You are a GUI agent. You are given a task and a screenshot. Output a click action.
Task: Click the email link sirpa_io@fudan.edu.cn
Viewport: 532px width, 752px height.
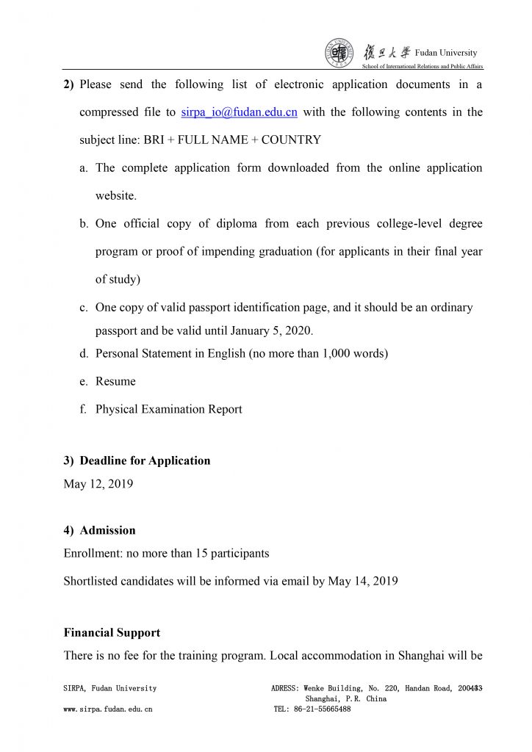[239, 112]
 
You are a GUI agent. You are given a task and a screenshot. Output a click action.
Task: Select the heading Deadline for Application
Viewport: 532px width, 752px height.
[145, 460]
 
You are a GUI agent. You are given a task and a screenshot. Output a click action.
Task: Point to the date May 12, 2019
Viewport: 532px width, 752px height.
[98, 484]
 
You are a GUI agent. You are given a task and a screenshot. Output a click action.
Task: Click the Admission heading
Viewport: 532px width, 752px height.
[107, 529]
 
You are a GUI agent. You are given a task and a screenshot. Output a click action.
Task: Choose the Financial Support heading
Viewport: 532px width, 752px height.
[112, 632]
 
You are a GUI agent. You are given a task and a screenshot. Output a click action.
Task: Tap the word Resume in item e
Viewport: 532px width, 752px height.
[115, 381]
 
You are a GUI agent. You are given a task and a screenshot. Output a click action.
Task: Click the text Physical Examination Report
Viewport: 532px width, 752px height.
[168, 409]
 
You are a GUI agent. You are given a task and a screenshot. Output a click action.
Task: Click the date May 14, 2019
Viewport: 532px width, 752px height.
[363, 581]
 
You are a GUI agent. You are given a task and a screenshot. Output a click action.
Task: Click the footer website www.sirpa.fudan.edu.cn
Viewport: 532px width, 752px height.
[108, 709]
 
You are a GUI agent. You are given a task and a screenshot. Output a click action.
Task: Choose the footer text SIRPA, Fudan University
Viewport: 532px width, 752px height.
[110, 688]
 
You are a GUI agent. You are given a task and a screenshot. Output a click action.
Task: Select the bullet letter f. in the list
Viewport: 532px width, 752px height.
[84, 409]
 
